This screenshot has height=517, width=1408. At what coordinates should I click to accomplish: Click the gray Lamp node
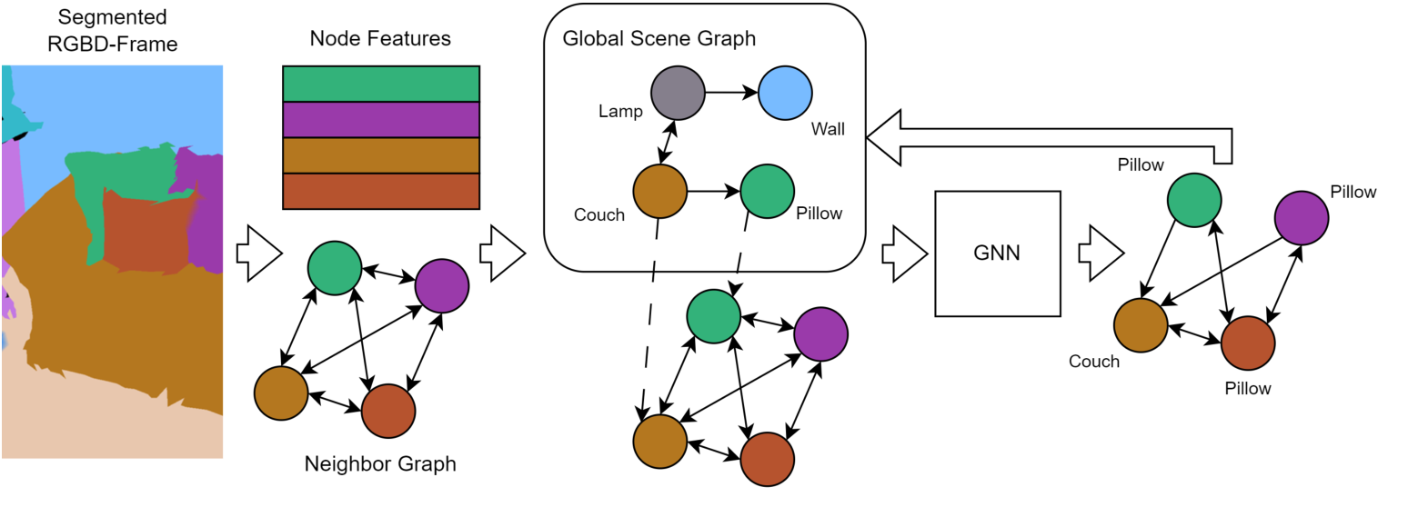pos(678,93)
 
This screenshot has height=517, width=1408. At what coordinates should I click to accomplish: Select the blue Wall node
pos(785,93)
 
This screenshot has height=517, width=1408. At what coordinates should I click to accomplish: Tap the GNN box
pos(998,254)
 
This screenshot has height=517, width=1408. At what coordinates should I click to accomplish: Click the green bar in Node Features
pos(381,84)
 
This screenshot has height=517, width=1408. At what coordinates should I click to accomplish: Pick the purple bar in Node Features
pos(381,119)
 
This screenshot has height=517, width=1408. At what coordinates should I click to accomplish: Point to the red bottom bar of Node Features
pos(381,191)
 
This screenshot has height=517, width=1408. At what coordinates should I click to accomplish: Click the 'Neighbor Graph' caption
pos(380,464)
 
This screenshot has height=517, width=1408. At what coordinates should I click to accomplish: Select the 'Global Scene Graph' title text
pos(659,39)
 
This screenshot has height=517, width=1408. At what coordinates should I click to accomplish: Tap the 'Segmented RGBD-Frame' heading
pos(111,29)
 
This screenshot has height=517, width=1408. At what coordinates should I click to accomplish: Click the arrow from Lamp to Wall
pos(731,93)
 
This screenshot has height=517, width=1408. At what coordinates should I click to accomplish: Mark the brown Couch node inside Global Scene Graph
pos(659,192)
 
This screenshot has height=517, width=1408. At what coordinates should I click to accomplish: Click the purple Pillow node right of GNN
pos(1301,218)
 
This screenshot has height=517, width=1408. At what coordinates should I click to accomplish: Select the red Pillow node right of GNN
pos(1247,343)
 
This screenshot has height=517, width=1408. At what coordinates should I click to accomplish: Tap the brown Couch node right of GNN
pos(1141,325)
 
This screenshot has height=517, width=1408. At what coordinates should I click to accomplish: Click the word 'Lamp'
pos(620,112)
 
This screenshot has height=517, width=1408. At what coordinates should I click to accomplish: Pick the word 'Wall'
pos(828,129)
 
